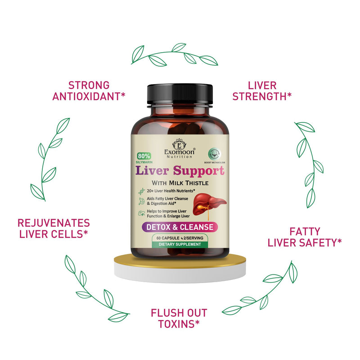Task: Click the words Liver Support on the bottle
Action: coord(180,171)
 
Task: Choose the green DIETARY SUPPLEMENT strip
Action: coord(180,244)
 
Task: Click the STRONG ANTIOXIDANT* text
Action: coord(89,90)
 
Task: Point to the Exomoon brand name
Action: coord(180,152)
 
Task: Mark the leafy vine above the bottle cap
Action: coord(174,55)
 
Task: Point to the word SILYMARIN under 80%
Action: coord(146,159)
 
